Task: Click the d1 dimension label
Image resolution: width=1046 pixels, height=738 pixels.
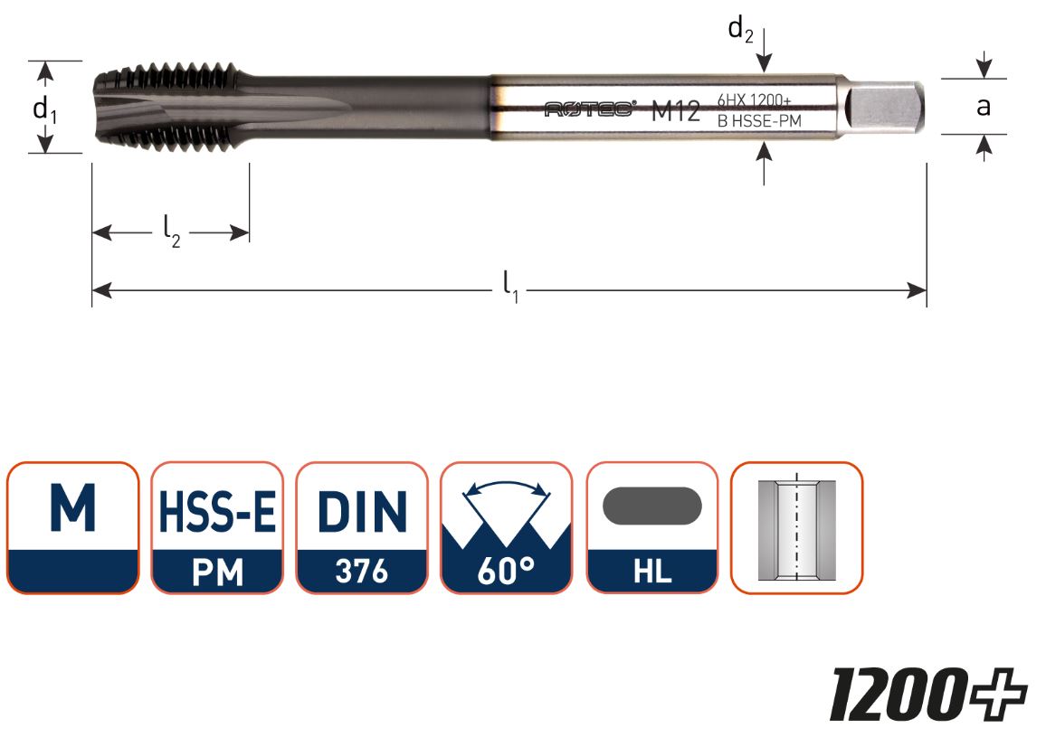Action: tap(44, 108)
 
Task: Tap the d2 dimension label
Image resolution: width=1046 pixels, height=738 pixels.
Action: tap(740, 29)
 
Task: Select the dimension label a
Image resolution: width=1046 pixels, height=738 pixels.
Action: tap(983, 106)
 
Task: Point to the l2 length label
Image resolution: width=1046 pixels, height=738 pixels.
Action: tap(171, 233)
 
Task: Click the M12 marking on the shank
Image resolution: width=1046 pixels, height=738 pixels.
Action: tap(675, 111)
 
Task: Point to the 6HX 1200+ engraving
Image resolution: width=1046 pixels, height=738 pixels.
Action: tap(755, 100)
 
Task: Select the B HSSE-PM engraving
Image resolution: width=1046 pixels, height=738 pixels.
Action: tap(758, 121)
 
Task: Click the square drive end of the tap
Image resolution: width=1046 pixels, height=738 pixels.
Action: tap(884, 107)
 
